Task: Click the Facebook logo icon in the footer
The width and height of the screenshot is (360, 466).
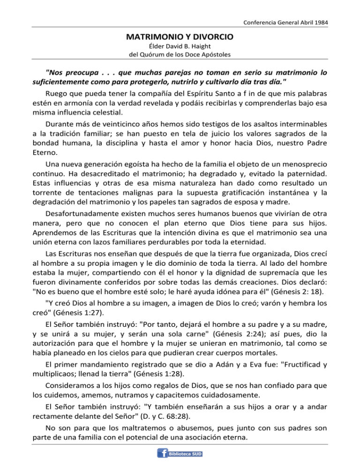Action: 163,453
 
